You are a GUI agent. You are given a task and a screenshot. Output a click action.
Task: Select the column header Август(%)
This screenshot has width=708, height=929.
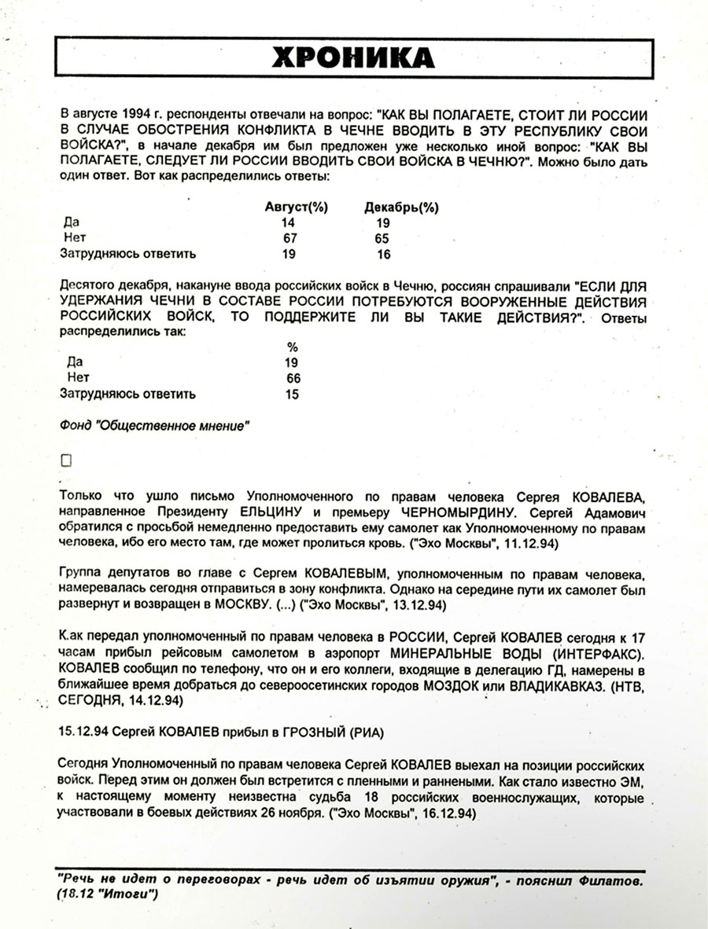[297, 207]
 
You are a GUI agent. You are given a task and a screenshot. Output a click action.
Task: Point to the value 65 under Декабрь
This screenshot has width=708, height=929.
[382, 238]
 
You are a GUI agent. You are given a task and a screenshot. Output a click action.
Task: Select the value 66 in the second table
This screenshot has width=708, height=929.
[293, 378]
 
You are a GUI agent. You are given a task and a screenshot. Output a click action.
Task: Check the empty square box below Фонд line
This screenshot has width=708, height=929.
[66, 461]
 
